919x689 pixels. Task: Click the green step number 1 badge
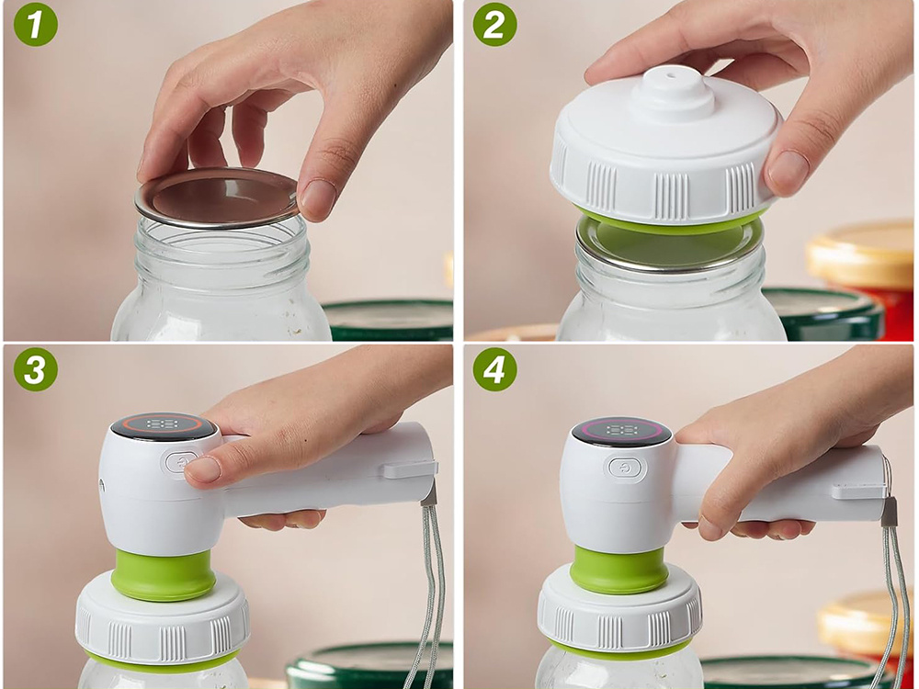point(36,25)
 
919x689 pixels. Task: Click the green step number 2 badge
point(495,25)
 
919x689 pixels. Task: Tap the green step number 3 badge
point(36,369)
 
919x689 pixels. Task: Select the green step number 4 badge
point(495,369)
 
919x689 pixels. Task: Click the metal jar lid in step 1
point(217,198)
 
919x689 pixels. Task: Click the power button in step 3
point(180,462)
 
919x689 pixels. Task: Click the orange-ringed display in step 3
point(164,424)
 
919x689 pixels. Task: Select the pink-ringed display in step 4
point(622,431)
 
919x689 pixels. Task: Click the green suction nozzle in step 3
point(164,574)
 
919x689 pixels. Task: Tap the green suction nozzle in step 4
point(618,569)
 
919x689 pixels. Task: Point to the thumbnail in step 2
point(789,170)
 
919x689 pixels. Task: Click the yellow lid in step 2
point(863,254)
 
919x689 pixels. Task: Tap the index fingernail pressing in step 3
point(203,469)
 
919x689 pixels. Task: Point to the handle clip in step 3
point(411,469)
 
